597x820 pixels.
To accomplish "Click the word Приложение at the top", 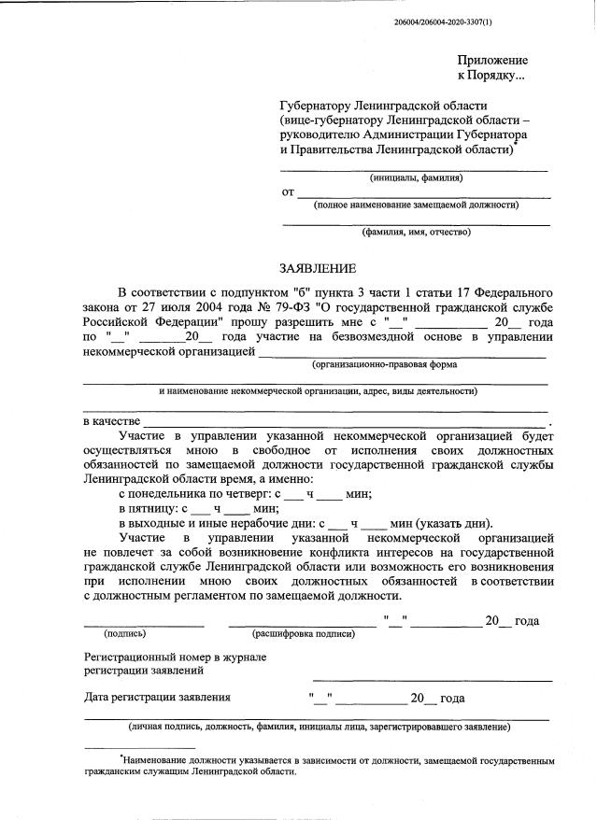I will tap(492, 60).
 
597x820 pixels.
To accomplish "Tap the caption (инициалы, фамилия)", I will tap(416, 177).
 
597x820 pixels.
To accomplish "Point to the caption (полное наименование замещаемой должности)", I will tap(416, 205).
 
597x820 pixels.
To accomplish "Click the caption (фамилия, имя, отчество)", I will tap(417, 232).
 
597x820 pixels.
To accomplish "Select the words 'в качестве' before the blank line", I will tap(113, 422).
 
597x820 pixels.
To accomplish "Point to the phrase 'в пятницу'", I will tap(149, 509).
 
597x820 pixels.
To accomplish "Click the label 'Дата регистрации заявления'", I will tap(157, 697).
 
